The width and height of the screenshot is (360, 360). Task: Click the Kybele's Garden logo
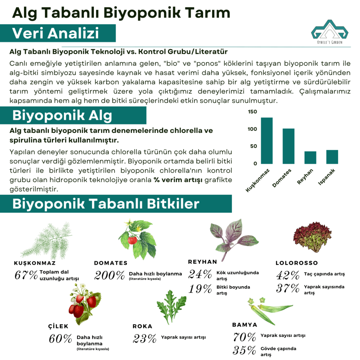pos(329,33)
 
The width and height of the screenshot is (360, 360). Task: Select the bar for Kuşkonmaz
pos(267,141)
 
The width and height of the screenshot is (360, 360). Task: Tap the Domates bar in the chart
pos(289,146)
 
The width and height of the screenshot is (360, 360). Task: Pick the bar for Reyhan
pos(310,157)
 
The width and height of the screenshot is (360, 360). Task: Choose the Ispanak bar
pos(332,157)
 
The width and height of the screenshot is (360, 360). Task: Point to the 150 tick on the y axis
pos(252,112)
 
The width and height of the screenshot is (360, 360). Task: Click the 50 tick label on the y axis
pos(253,146)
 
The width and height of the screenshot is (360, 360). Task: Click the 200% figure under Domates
pos(109,275)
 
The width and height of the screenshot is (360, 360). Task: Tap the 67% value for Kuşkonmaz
pos(26,275)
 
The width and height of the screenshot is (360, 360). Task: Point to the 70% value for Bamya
pos(244,337)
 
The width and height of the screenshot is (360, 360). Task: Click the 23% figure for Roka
pos(144,339)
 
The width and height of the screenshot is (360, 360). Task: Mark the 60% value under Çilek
pos(60,339)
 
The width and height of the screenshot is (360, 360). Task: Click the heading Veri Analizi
pos(56,33)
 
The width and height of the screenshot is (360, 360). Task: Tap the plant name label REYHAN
pos(202,262)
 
